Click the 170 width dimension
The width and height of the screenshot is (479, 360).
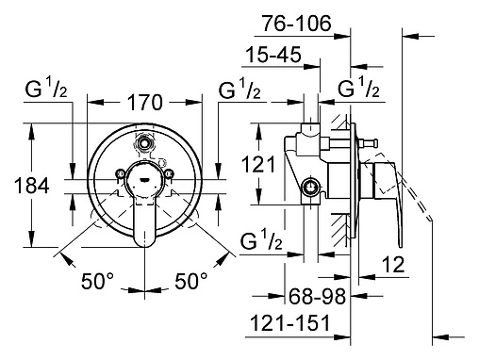[x=145, y=102]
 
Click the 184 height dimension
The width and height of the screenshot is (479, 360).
[x=32, y=186]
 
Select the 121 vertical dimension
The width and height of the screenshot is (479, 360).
[x=258, y=164]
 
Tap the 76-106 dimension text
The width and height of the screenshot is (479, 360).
[x=297, y=24]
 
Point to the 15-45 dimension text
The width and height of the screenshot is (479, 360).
[x=273, y=55]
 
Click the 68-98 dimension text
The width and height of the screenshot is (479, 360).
[x=317, y=296]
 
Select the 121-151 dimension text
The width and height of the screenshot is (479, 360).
[x=290, y=322]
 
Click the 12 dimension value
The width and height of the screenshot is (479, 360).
[x=393, y=264]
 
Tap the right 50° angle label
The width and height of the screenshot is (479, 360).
[x=191, y=281]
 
